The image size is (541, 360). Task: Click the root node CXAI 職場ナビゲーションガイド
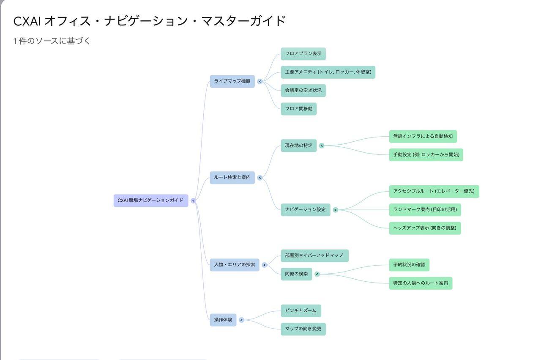[150, 201]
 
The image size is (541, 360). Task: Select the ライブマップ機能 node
[232, 81]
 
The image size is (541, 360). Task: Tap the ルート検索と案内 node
[232, 178]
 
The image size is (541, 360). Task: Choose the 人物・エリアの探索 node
[234, 265]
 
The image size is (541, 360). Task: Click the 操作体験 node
[223, 320]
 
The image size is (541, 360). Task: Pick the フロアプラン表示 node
[303, 54]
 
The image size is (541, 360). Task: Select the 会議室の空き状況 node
[303, 91]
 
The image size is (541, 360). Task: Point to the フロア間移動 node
[298, 109]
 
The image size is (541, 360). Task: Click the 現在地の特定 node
[298, 146]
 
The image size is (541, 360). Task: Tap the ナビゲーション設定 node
[305, 210]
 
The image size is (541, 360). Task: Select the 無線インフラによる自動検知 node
[423, 136]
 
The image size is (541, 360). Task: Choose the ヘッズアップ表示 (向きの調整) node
[425, 228]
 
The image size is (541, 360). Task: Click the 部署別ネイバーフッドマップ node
[314, 256]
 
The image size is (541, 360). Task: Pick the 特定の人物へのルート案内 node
[421, 283]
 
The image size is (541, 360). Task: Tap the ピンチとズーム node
[301, 311]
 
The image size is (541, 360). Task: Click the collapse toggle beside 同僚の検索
[317, 274]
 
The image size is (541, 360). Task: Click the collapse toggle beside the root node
[193, 201]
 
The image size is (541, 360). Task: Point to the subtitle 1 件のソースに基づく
[52, 41]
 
